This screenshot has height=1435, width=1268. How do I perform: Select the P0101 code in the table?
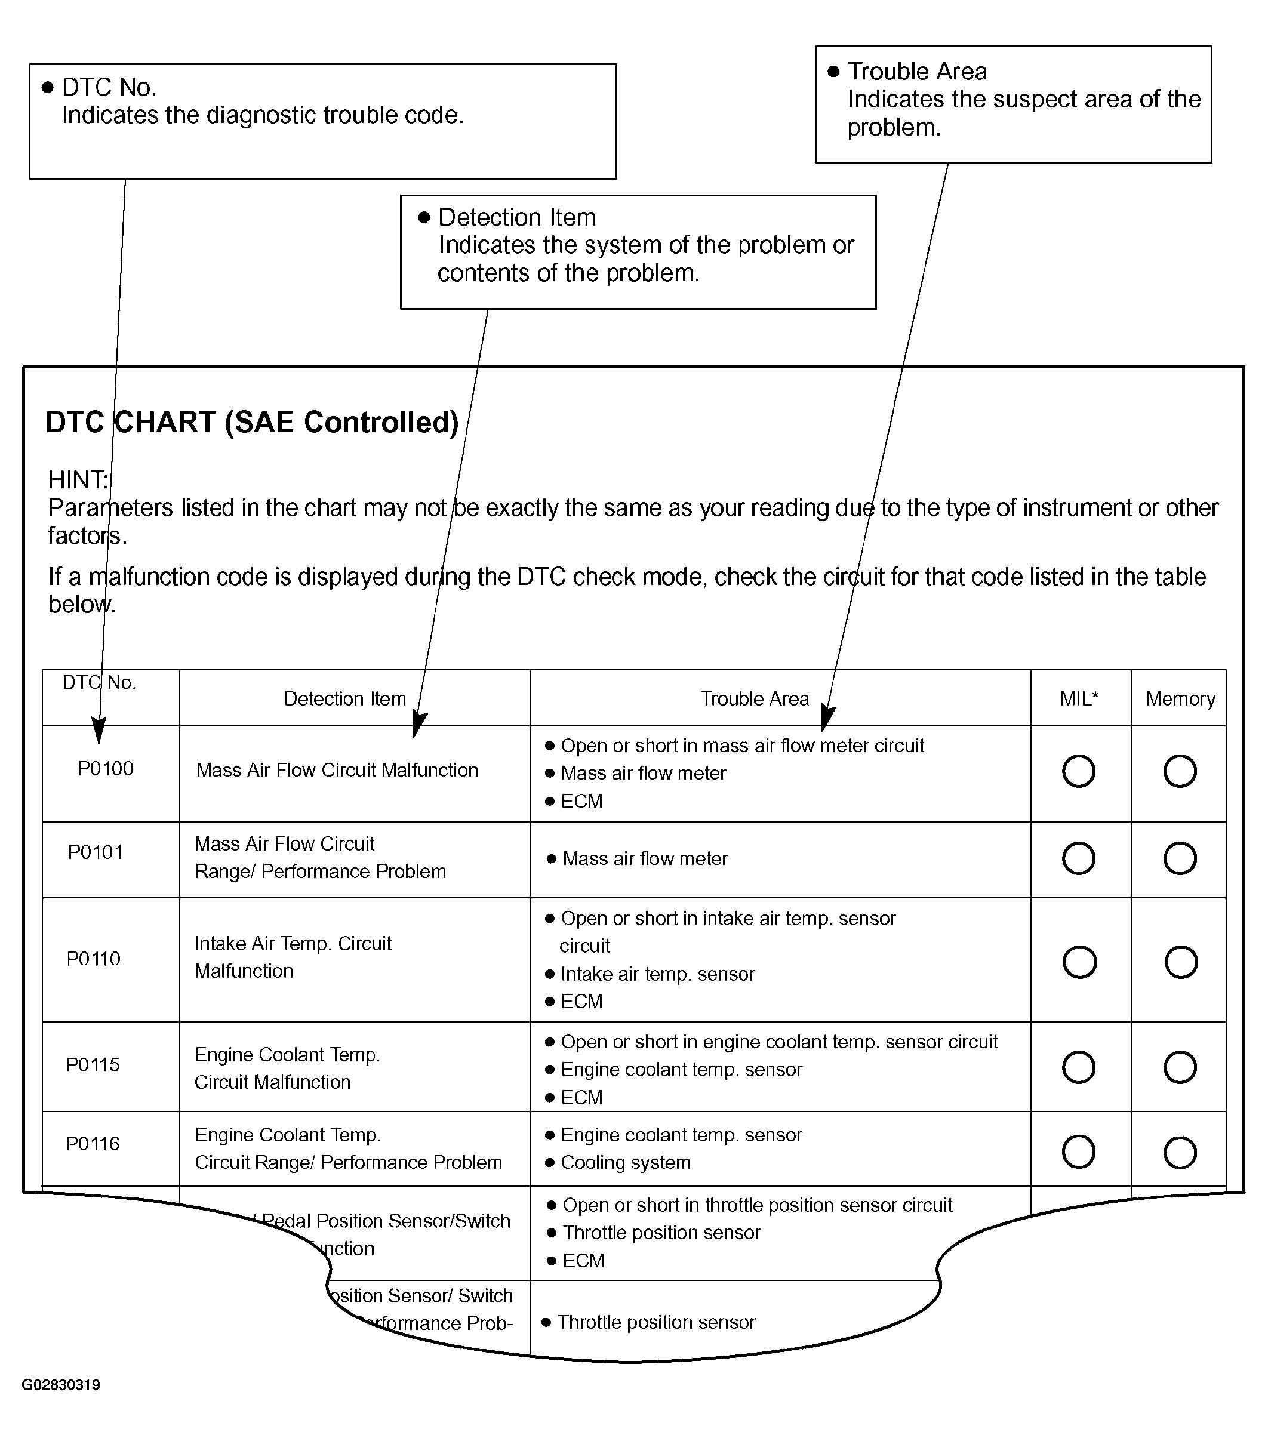pos(96,852)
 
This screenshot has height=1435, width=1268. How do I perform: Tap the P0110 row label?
pos(93,959)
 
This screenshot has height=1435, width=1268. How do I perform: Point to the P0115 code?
pos(93,1065)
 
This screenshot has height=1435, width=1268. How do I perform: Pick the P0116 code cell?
pos(93,1144)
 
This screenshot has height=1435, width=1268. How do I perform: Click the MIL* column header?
pos(1079,698)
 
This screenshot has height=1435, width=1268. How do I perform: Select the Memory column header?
pos(1180,698)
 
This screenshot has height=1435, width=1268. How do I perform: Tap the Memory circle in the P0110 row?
pos(1181,962)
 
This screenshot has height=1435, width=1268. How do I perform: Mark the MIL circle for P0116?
pos(1078,1152)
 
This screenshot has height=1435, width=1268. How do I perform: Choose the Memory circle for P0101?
pos(1180,858)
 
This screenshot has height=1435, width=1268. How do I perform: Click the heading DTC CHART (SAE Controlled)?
pos(252,423)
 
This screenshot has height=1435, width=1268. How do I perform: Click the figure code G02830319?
pos(61,1385)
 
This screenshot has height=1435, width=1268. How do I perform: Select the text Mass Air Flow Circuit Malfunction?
pos(337,770)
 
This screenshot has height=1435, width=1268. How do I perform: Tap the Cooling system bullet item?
pos(626,1163)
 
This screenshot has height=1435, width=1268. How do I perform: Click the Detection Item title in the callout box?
pos(517,218)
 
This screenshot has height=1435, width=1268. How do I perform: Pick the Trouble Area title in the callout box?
pos(917,72)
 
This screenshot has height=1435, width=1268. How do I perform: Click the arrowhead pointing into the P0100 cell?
pos(99,732)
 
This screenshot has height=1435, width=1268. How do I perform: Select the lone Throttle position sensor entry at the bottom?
pos(655,1323)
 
